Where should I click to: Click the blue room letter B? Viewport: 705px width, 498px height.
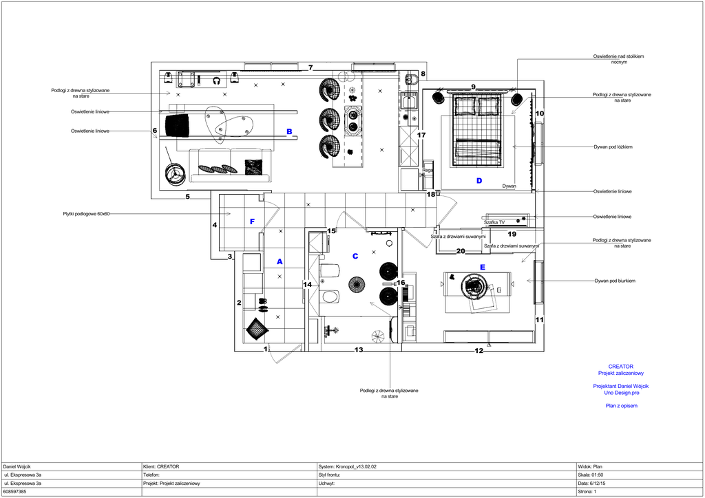coord(289,131)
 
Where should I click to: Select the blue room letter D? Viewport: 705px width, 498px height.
coord(479,180)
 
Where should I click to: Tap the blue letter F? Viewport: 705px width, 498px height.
coord(252,221)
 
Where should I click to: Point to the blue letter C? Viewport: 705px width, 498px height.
coord(355,256)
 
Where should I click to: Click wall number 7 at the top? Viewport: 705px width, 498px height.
coord(311,68)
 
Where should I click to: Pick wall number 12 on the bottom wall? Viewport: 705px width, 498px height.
coord(479,351)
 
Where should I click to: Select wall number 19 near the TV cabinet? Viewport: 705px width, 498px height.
coord(512,234)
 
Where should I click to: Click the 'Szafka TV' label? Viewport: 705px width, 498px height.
coord(494,222)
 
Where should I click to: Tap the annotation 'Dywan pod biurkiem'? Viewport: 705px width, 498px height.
coord(615,281)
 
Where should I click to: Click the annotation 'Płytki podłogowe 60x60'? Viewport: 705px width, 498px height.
coord(86,214)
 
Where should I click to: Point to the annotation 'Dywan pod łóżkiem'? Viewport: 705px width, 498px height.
coord(613,147)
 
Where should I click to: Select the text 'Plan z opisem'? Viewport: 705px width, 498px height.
coord(622,406)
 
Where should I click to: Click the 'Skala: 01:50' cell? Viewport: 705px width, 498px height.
coord(590,475)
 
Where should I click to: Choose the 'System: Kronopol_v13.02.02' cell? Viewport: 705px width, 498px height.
coord(347,466)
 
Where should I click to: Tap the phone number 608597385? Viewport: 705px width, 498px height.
coord(14,492)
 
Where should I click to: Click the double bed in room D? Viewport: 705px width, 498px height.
coord(476,131)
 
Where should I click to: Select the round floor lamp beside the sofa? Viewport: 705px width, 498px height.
coord(174,173)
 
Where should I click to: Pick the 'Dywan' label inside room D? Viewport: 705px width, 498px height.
coord(509,186)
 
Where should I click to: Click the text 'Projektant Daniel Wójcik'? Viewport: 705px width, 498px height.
coord(621,386)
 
